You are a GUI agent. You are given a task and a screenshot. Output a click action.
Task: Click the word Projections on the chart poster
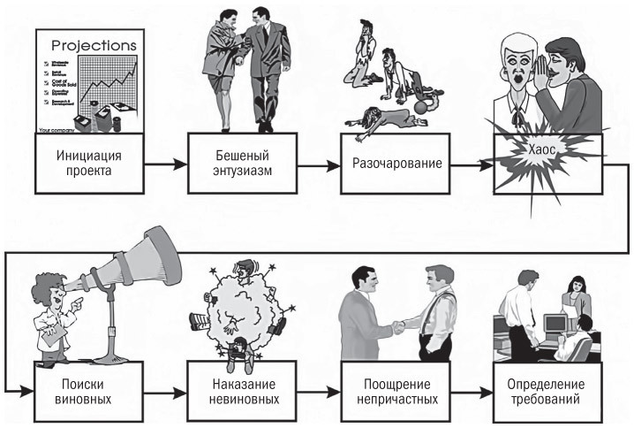click(x=94, y=44)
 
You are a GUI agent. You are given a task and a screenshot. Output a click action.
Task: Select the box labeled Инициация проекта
click(x=87, y=162)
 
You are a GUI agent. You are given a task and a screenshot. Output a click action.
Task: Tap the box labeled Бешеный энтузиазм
click(x=238, y=162)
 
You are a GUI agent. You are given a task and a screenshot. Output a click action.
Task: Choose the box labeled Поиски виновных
click(x=87, y=392)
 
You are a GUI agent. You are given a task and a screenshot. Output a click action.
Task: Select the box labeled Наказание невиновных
click(x=238, y=392)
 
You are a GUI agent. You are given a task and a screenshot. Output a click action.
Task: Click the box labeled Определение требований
click(x=543, y=392)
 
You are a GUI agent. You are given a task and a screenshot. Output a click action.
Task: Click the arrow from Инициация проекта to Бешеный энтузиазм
click(x=163, y=164)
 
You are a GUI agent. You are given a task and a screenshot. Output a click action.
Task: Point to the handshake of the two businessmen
click(x=399, y=326)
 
